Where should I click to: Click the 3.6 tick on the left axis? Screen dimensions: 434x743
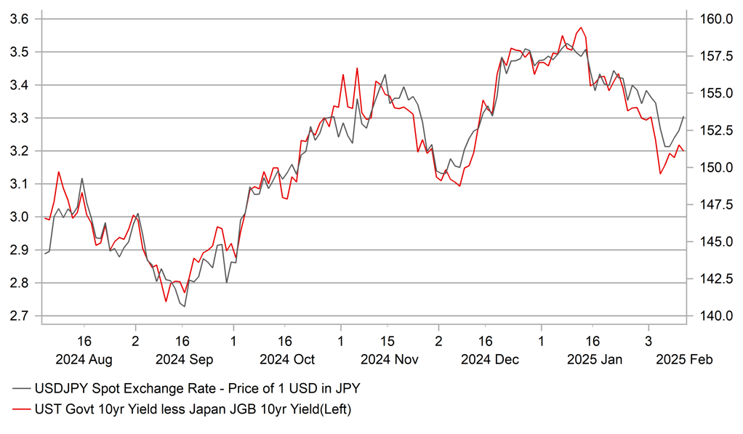pos(18,19)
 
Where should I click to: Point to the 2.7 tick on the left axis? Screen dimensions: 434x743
pos(18,316)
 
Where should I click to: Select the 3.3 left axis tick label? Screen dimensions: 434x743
pos(18,118)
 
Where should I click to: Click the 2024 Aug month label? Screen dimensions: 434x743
pos(84,359)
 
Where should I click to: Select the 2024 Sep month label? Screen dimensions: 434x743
pos(182,359)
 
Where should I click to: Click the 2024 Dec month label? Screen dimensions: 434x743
pos(486,359)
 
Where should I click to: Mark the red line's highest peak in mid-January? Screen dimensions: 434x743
pos(580,28)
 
